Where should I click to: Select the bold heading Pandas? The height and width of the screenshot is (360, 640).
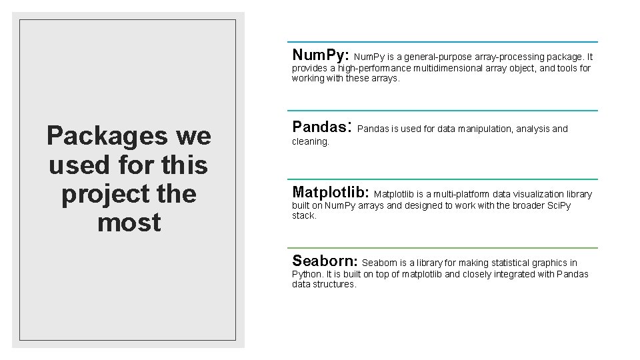pos(321,126)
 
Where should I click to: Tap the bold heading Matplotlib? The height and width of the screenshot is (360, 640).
pos(331,193)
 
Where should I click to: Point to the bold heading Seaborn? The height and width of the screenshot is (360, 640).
pos(325,261)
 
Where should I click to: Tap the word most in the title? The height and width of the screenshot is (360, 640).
pos(129,223)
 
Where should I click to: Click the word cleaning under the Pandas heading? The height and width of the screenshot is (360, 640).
pos(310,142)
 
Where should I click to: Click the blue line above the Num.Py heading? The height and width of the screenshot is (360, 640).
pos(443,42)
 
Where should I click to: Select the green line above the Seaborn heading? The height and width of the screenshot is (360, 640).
pos(443,248)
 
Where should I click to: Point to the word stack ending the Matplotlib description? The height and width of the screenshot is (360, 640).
pos(303,216)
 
